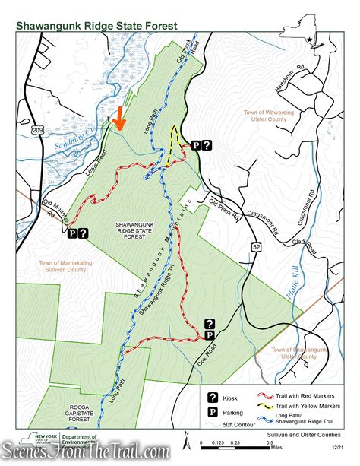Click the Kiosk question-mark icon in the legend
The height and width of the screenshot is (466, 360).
click(x=213, y=397)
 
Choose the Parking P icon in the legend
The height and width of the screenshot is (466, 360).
click(x=213, y=413)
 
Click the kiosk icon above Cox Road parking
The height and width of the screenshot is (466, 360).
click(x=210, y=323)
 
